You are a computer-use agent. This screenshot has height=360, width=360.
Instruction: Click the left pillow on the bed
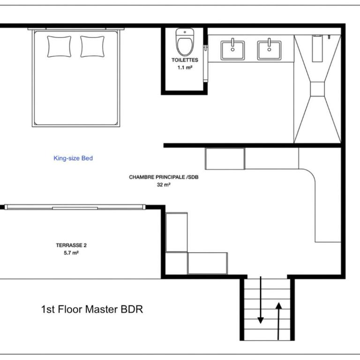pyautogui.click(x=59, y=46)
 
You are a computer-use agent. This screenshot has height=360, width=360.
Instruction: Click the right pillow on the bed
pyautogui.click(x=92, y=46)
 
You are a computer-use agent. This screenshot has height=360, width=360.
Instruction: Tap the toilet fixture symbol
pyautogui.click(x=185, y=42)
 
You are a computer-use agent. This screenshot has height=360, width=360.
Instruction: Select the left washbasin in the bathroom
pyautogui.click(x=232, y=50)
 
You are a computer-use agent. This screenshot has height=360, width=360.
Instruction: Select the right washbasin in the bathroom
pyautogui.click(x=269, y=50)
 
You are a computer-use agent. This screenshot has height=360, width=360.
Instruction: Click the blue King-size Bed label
pyautogui.click(x=73, y=158)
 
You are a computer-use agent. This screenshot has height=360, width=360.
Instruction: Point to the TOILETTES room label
pyautogui.click(x=185, y=60)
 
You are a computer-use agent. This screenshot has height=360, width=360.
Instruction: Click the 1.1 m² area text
pyautogui.click(x=185, y=67)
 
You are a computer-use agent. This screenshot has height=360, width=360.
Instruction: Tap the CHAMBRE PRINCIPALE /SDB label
pyautogui.click(x=164, y=177)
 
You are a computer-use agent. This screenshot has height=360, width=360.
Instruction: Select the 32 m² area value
pyautogui.click(x=164, y=185)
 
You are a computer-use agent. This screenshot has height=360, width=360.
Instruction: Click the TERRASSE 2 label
pyautogui.click(x=71, y=245)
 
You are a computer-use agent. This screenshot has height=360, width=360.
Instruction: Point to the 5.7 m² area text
pyautogui.click(x=71, y=253)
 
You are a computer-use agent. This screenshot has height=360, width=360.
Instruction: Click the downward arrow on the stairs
pyautogui.click(x=261, y=300)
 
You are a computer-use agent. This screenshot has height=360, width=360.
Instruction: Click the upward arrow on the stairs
pyautogui.click(x=279, y=321)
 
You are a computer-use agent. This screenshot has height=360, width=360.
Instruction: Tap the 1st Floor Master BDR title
pyautogui.click(x=92, y=309)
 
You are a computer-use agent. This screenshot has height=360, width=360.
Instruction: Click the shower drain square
pyautogui.click(x=317, y=89)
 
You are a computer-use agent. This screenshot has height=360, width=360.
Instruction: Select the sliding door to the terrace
pyautogui.click(x=75, y=207)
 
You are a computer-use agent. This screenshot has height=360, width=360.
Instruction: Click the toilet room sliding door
pyautogui.click(x=205, y=63)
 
